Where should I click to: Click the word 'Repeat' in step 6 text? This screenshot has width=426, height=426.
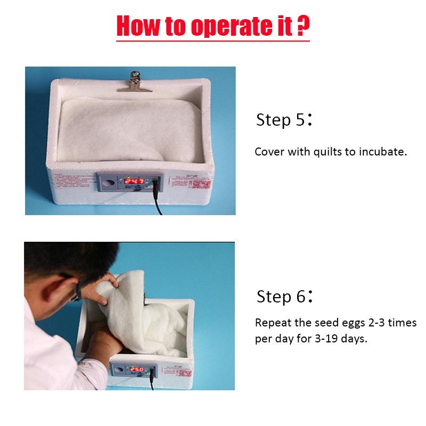(x=273, y=323)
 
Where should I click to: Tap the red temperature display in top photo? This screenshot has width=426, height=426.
(x=137, y=181)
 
